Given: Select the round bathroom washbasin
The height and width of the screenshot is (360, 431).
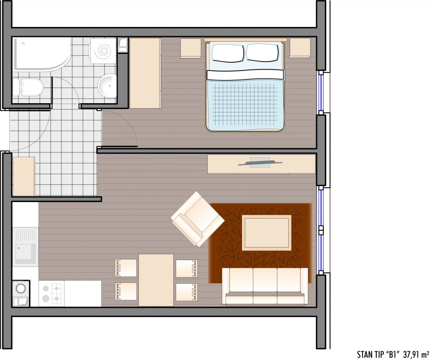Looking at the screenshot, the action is (x=107, y=85).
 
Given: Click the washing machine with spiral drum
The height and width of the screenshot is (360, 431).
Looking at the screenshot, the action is (x=104, y=51).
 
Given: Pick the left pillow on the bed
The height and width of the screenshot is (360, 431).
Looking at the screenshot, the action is (x=228, y=53).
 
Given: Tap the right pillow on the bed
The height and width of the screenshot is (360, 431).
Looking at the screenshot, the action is (x=262, y=53).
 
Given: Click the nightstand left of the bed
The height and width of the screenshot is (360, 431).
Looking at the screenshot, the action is (x=191, y=48).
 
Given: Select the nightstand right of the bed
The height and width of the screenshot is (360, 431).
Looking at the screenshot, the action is (x=300, y=48).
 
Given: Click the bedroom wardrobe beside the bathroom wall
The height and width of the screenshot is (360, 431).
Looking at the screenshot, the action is (x=145, y=73).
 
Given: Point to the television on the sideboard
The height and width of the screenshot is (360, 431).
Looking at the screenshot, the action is (x=260, y=163).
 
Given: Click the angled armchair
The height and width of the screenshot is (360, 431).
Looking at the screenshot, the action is (x=197, y=219).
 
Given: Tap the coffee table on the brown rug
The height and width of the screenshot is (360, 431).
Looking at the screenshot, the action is (x=266, y=233).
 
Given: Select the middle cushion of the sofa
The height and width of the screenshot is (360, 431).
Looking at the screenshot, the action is (x=265, y=286).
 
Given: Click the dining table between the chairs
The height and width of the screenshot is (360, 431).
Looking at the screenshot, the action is (x=156, y=280).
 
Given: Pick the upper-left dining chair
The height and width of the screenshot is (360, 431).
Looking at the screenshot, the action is (x=125, y=268).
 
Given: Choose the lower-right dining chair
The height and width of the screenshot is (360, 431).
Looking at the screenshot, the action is (x=186, y=292).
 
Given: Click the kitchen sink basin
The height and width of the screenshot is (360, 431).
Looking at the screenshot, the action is (x=25, y=253).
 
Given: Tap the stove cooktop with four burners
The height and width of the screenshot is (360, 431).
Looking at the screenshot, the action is (x=51, y=293).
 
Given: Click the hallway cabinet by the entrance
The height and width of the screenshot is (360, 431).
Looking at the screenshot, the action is (x=24, y=176).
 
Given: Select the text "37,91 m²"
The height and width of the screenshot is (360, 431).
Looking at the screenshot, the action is (x=416, y=354).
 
